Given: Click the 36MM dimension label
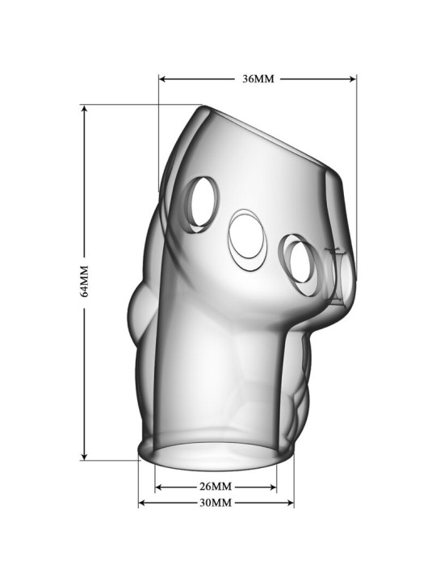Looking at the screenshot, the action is pos(258,79).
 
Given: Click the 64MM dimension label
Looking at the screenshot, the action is pos(84,282).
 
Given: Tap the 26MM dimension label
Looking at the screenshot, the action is pos(216,486).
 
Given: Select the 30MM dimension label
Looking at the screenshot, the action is pos(216,503).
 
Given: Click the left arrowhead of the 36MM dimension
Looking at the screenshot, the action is pos(162,79).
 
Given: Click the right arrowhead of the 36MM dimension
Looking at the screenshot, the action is pos(352,79).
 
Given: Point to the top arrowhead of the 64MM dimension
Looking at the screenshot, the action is pos(85,109).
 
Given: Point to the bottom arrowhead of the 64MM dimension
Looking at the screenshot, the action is pos(85,456).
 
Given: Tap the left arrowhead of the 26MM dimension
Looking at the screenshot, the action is pos(159,487).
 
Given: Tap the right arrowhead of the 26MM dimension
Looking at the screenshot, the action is pos(273,487).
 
